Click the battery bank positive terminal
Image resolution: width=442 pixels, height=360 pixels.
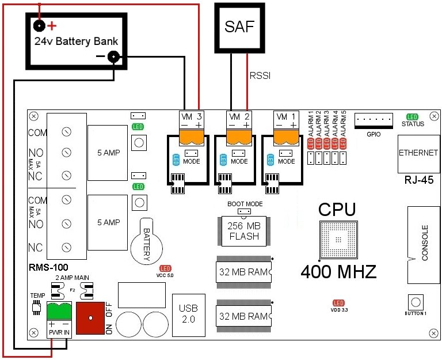[39, 25]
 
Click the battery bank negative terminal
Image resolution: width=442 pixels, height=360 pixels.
[113, 56]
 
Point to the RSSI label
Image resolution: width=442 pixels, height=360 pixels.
[260, 75]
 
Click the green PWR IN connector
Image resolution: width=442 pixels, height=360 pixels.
[59, 312]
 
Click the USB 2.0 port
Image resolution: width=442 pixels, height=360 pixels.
[188, 315]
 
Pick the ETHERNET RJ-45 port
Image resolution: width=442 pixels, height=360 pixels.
[417, 154]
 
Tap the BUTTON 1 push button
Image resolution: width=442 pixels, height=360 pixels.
[416, 302]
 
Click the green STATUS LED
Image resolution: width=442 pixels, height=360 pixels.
[413, 117]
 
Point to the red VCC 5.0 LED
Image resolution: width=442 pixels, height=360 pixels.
[165, 268]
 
